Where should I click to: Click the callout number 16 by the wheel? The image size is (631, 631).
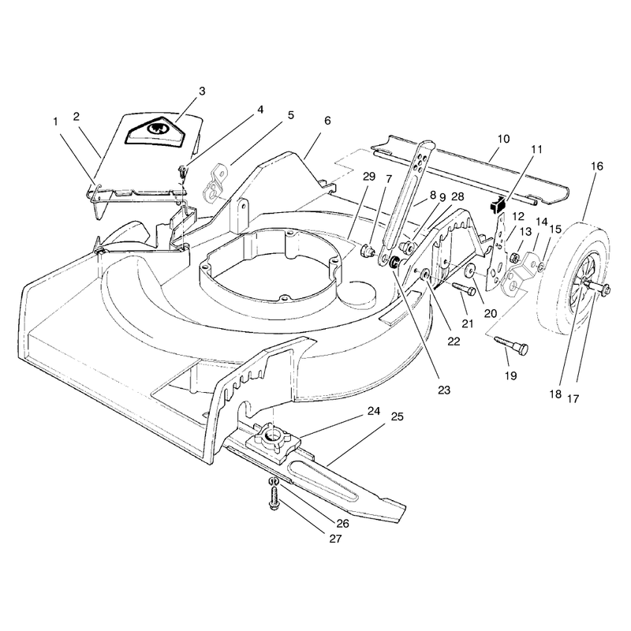[597, 166]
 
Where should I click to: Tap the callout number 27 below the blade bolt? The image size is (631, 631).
[335, 539]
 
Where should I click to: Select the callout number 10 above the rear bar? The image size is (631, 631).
[503, 139]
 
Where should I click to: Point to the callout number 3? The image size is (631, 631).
[202, 91]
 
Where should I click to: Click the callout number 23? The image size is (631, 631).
[444, 390]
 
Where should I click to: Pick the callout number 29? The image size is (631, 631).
[368, 176]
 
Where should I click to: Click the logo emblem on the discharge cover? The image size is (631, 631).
[155, 130]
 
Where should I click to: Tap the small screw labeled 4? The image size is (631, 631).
[184, 171]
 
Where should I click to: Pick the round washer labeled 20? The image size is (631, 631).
[469, 271]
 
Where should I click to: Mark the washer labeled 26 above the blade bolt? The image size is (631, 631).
[273, 481]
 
